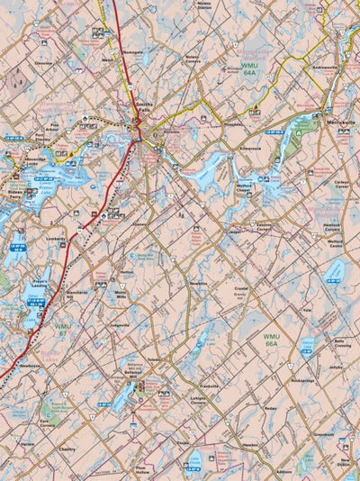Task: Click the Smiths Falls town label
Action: pos(145,110)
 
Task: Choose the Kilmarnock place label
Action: pos(250,144)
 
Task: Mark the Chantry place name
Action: pos(67,448)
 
